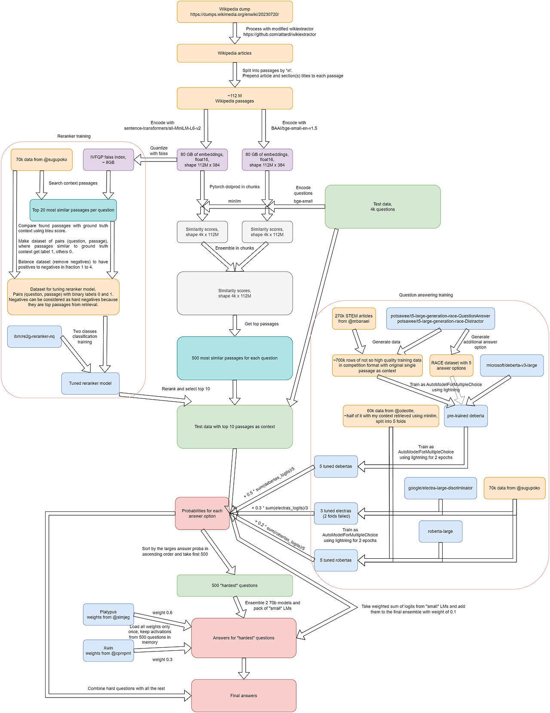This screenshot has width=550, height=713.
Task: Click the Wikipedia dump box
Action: click(235, 12)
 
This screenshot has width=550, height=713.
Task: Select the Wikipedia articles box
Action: click(235, 53)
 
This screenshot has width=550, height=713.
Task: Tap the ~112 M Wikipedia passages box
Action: click(235, 98)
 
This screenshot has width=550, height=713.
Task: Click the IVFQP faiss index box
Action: click(108, 160)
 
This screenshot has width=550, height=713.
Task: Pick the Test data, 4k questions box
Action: click(382, 207)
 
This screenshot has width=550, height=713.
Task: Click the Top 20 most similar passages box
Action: click(73, 210)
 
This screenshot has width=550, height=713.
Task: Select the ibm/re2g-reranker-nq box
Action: click(34, 337)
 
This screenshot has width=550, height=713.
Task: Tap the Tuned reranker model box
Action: click(90, 383)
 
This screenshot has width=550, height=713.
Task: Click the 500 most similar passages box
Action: click(235, 358)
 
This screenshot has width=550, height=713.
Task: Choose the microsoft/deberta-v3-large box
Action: click(511, 365)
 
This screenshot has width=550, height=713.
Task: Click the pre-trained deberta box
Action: click(465, 416)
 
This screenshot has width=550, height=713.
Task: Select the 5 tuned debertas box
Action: click(336, 466)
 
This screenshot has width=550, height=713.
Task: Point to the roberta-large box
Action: click(440, 532)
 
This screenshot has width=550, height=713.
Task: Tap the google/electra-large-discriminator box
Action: click(440, 488)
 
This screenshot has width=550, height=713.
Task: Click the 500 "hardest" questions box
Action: click(235, 585)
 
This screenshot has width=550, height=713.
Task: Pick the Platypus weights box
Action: click(108, 615)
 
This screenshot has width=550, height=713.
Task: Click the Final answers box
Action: click(244, 695)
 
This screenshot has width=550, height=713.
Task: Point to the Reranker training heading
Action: click(74, 136)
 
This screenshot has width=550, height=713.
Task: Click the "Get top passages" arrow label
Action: click(261, 324)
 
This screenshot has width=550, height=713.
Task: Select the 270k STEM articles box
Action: click(354, 318)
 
